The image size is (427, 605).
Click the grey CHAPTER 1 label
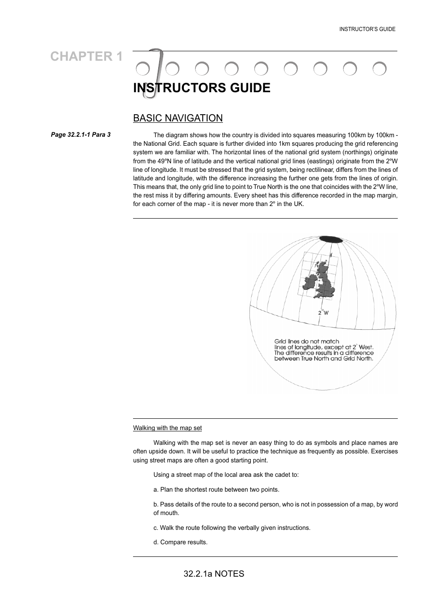point(86,56)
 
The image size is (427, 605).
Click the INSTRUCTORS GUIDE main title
point(202,88)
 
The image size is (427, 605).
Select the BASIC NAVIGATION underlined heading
point(178,118)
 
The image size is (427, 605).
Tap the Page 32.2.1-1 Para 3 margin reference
point(81,134)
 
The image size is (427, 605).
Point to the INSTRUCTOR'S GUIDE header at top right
point(367,29)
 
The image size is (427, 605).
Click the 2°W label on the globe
point(323,312)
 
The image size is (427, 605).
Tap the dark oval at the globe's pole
point(330,239)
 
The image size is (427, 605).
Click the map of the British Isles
point(321,281)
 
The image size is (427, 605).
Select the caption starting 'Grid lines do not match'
point(324,350)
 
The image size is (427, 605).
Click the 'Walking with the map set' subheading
point(167,428)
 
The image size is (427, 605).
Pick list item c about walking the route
point(232,528)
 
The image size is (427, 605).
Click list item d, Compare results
point(180,542)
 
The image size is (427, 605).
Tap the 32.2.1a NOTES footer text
point(214,574)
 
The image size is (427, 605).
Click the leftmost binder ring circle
point(142,69)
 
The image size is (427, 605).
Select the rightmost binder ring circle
point(380,69)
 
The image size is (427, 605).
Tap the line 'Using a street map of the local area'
point(226,475)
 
